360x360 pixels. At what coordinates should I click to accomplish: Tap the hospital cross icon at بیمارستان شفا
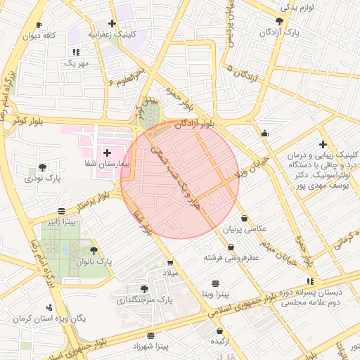(107, 152)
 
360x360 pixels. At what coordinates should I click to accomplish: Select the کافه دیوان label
(39, 36)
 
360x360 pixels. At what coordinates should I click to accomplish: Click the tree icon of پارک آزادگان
(280, 21)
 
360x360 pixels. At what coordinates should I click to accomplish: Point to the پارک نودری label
(43, 179)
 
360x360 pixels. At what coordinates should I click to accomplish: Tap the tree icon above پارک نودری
(43, 167)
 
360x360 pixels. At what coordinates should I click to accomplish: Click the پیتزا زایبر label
(61, 222)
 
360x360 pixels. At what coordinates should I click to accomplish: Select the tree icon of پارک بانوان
(94, 250)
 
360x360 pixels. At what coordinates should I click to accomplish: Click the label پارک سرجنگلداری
(145, 300)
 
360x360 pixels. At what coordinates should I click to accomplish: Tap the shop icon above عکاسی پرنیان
(244, 218)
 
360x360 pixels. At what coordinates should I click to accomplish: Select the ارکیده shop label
(219, 341)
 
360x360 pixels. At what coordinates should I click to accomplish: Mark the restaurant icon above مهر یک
(76, 52)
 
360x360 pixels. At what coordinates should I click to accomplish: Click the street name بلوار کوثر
(29, 122)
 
